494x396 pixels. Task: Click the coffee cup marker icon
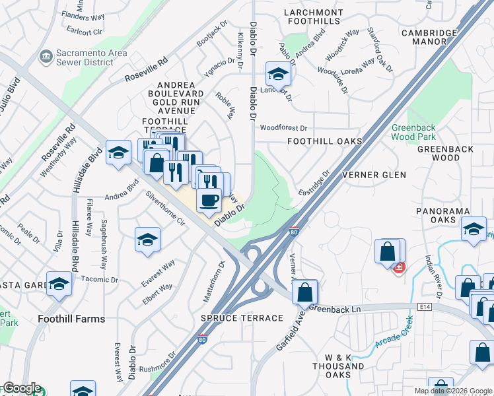pos(209,200)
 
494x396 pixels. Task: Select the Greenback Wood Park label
pos(413,131)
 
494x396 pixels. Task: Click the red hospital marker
pos(398,267)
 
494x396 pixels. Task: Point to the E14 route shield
pos(425,307)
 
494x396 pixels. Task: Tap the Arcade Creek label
pos(394,334)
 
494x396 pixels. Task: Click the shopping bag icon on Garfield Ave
pos(305,291)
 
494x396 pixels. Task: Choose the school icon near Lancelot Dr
pos(278,74)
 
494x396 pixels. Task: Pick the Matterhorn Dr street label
pos(214,282)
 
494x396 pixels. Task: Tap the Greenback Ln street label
pos(335,308)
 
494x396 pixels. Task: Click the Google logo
pos(21,388)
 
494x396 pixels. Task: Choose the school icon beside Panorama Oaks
pos(474,231)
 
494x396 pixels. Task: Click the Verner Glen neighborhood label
pos(374,175)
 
